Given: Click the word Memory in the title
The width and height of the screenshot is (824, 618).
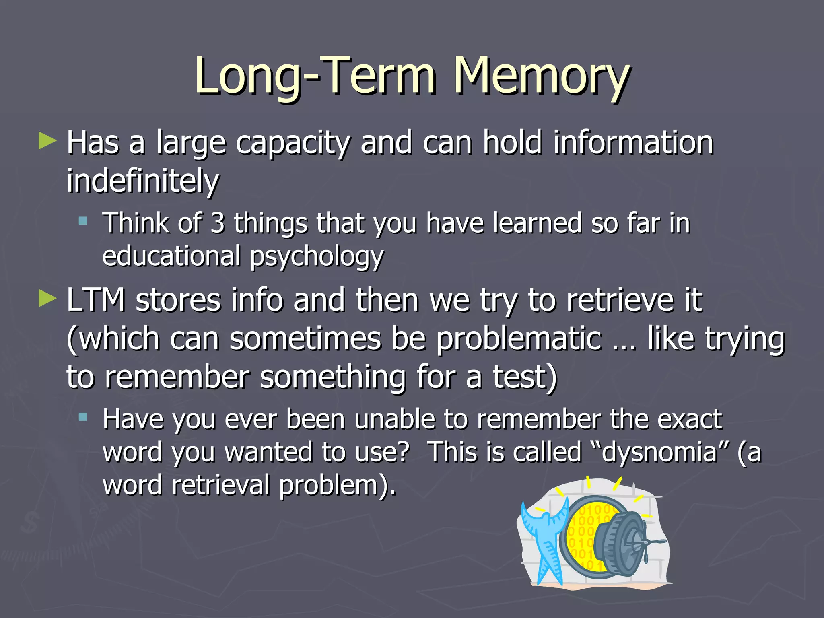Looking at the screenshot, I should tap(541, 76).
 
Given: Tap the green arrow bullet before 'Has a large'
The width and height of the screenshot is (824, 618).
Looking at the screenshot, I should tap(47, 142).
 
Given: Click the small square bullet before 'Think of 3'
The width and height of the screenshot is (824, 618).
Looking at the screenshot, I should tap(83, 220).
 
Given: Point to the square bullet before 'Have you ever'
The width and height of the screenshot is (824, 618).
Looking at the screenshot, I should tap(83, 417).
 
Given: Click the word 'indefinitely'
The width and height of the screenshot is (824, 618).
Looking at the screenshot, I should tap(143, 181).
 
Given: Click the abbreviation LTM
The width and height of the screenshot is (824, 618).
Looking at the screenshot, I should tap(96, 300).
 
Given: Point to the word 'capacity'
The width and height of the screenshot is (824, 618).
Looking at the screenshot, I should tap(293, 143).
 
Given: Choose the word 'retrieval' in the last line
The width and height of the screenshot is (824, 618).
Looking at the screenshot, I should tap(220, 485).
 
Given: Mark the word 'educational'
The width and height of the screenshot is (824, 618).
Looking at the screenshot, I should tap(171, 256).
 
